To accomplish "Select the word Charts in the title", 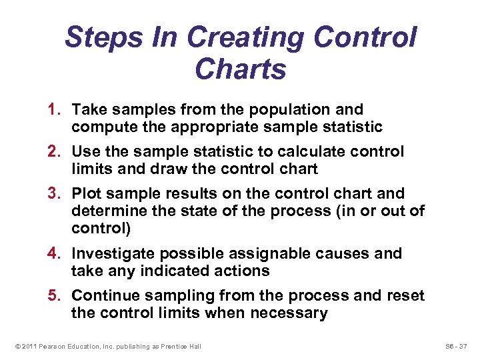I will [x=241, y=69].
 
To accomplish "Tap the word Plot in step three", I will [x=86, y=194].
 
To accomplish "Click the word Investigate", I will [x=114, y=254].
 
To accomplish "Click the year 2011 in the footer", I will [x=27, y=346].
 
